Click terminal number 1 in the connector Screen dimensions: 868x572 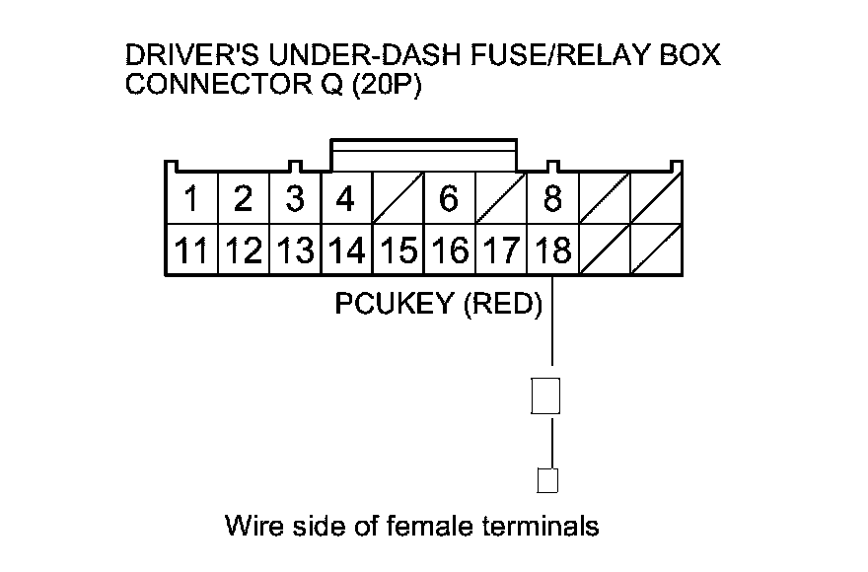pos(192,198)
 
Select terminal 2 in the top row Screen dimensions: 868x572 pos(244,198)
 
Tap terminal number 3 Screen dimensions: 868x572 pos(295,198)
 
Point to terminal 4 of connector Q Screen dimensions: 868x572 pos(346,198)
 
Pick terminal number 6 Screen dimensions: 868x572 pos(450,198)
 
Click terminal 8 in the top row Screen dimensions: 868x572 pos(552,198)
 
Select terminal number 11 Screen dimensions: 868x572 pos(192,250)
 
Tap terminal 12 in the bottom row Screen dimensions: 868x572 pos(244,250)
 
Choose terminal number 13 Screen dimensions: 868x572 pos(295,250)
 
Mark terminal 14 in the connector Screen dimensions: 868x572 pos(346,250)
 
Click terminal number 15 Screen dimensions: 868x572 pos(398,250)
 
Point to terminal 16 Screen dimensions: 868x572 pos(450,250)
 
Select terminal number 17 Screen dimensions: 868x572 pos(501,250)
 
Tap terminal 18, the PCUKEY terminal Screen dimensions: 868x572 pos(552,250)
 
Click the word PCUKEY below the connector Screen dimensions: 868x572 pos(395,303)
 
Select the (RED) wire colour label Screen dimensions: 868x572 pos(503,304)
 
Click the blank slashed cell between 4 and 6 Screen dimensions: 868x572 pos(398,198)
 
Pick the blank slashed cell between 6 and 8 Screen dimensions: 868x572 pos(501,198)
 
